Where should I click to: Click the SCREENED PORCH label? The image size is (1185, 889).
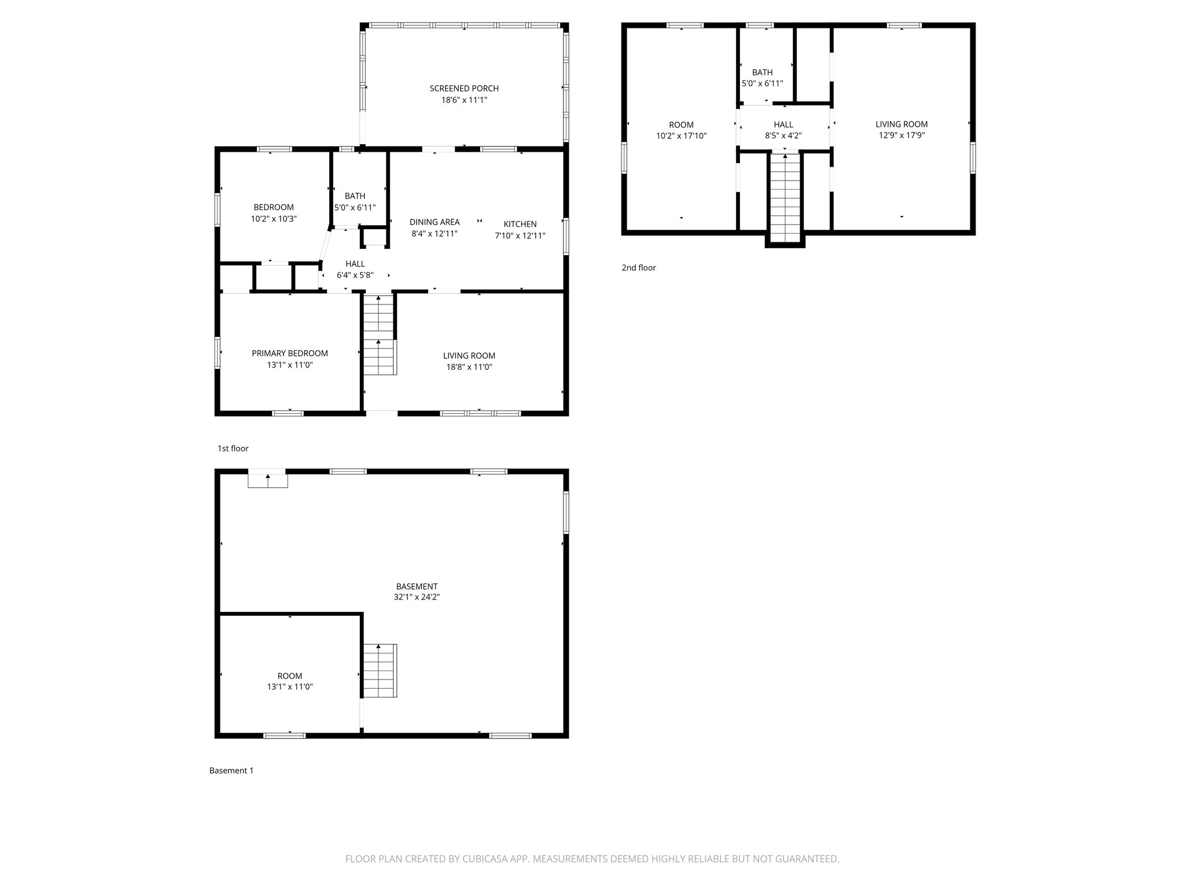(x=464, y=89)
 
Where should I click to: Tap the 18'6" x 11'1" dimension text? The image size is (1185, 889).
(x=464, y=100)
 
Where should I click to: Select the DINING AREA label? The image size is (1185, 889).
(x=435, y=222)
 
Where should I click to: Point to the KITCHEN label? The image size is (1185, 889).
(x=520, y=225)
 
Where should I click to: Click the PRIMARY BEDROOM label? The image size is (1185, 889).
(x=289, y=354)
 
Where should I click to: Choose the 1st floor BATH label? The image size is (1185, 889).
(x=355, y=196)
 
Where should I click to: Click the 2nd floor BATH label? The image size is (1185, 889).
(x=762, y=72)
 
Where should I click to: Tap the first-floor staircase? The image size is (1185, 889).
(x=379, y=336)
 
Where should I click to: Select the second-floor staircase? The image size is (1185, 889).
(x=785, y=197)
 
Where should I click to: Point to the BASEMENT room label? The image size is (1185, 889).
(x=417, y=586)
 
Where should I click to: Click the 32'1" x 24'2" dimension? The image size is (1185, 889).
(x=417, y=597)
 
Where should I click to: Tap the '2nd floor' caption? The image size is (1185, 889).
(x=639, y=268)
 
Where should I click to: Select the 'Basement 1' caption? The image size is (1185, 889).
(x=231, y=770)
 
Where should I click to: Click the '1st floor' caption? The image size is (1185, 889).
(x=233, y=449)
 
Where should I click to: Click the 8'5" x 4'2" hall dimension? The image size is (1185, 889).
(x=783, y=136)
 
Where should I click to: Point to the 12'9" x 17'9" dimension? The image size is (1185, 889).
(x=901, y=135)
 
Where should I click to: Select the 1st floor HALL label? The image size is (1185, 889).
(x=355, y=264)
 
